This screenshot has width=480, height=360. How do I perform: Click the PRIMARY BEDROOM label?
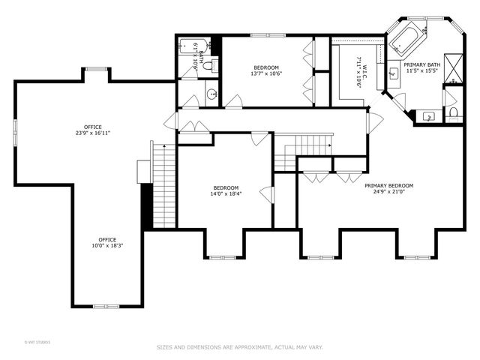(x=388, y=185)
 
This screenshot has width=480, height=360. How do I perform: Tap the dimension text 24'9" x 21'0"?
(x=388, y=191)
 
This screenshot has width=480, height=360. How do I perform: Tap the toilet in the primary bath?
(x=453, y=115)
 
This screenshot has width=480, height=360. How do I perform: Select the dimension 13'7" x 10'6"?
(x=265, y=74)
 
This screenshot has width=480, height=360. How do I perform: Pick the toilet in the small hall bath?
(x=208, y=66)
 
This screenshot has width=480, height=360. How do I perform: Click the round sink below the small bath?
(x=211, y=95)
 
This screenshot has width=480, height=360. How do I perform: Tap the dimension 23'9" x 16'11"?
(x=93, y=133)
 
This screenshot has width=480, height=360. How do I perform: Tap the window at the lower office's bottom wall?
(x=106, y=306)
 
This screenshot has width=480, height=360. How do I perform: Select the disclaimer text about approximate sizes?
(x=239, y=347)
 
